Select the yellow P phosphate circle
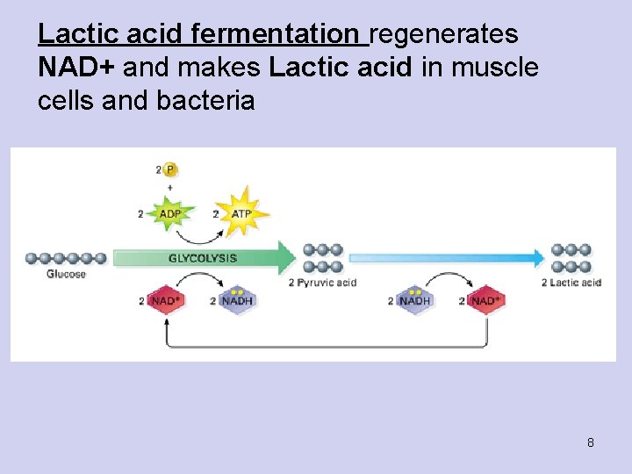coord(170,169)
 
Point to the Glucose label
coord(67,274)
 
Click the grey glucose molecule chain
coord(66,258)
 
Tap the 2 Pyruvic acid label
coord(322,283)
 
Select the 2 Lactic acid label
coord(571,283)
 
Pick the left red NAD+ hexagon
coord(167,301)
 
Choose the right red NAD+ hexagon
coord(486,301)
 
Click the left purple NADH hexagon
coord(236,301)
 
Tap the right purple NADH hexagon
coord(414,301)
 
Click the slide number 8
coord(591,442)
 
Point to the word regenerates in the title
coord(444,35)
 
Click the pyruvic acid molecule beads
coord(322,258)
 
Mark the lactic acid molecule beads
coord(571,258)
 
